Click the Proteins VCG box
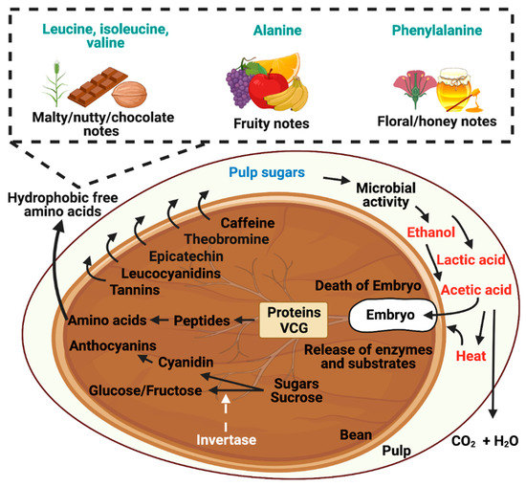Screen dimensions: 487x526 (x=293, y=320)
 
